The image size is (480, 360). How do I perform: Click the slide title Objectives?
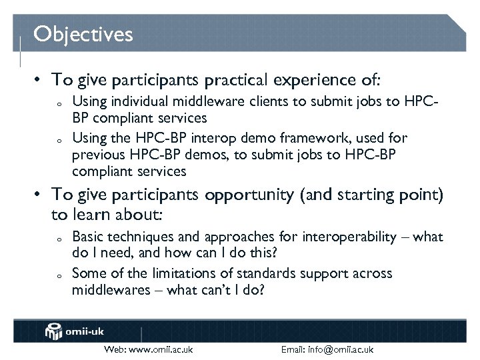pos(83,33)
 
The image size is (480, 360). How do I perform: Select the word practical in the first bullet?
pos(234,80)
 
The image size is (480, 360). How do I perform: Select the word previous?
pos(96,155)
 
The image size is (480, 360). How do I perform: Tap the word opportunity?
pos(249,195)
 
